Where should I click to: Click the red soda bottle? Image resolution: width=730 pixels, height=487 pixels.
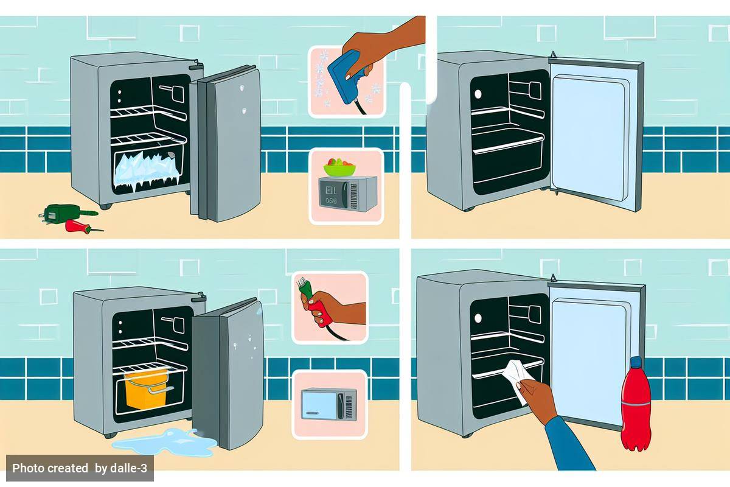click(x=636, y=408)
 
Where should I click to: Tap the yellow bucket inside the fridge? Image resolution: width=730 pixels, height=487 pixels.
click(x=145, y=388)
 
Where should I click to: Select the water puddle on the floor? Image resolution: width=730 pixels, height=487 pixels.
click(x=164, y=443)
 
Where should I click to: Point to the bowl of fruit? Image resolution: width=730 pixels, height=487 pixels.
click(x=340, y=167)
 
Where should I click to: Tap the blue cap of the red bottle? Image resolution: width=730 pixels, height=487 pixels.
click(x=636, y=362)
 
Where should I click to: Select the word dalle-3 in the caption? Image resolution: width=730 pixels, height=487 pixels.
click(x=128, y=468)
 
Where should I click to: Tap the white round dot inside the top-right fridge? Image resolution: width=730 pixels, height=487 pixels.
click(x=478, y=94)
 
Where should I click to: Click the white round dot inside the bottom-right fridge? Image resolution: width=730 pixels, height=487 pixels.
click(x=478, y=318)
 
